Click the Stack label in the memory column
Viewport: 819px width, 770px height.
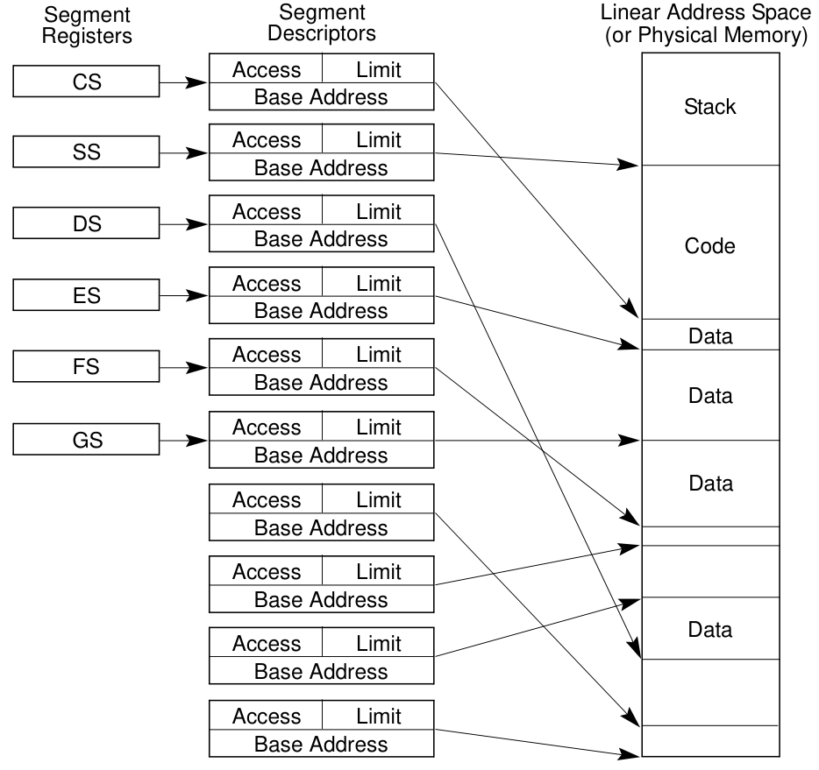point(709,108)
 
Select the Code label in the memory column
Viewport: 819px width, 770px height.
point(709,246)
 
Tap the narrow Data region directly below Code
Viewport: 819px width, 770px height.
point(709,335)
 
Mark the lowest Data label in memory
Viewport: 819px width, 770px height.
point(709,629)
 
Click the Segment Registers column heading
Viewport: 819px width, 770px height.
point(88,25)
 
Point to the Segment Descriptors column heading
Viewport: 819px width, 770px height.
point(321,24)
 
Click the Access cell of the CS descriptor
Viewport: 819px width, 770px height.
point(266,69)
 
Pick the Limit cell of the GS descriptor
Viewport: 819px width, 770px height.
point(378,427)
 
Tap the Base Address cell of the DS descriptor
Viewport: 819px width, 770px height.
point(321,239)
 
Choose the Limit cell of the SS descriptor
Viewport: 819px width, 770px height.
point(378,140)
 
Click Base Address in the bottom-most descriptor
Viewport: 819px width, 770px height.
point(321,745)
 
